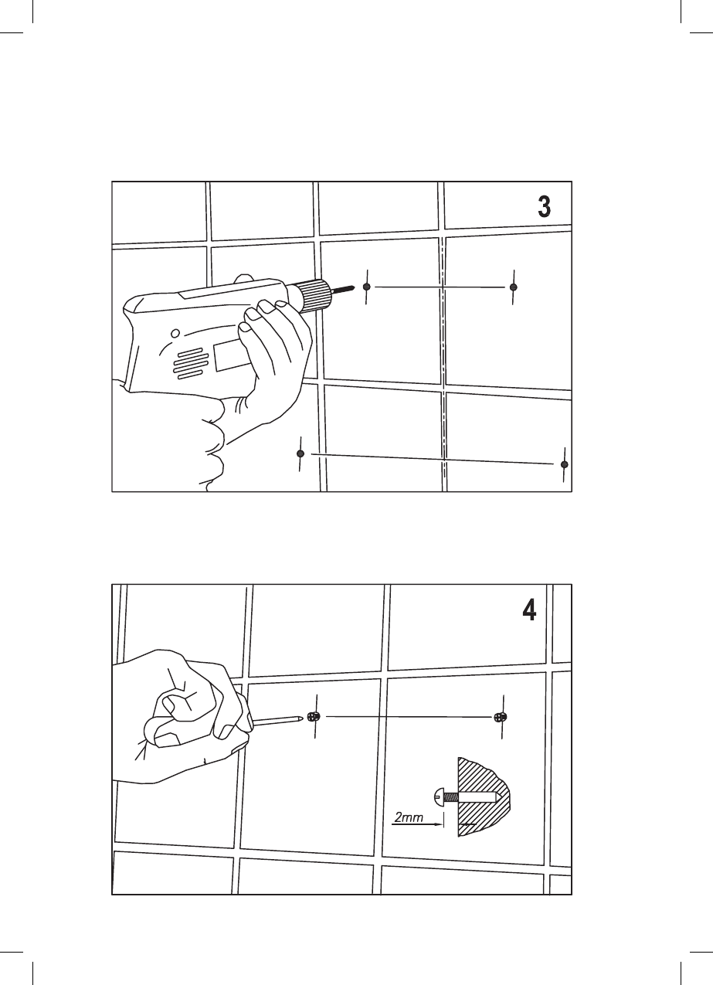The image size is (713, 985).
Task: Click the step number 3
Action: click(x=544, y=207)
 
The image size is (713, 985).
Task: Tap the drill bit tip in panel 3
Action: click(x=353, y=288)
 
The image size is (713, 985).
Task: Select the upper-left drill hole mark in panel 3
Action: click(x=368, y=287)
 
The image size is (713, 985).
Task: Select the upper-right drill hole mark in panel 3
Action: click(x=513, y=287)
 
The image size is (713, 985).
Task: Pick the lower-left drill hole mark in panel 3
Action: click(x=300, y=454)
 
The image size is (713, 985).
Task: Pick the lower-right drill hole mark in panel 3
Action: click(x=565, y=464)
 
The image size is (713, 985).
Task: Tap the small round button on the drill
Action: click(x=175, y=334)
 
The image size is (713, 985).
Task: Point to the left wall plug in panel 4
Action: click(x=311, y=717)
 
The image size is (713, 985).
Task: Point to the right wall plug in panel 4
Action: click(x=500, y=717)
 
